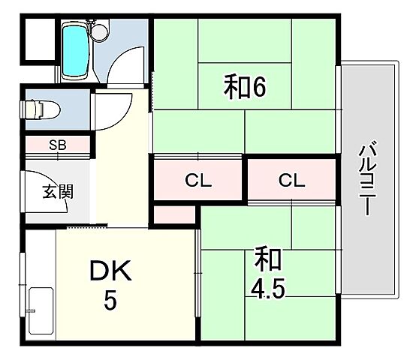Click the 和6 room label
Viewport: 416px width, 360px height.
pyautogui.click(x=245, y=88)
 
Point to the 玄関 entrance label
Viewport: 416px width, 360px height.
pyautogui.click(x=57, y=191)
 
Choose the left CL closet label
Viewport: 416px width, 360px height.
pyautogui.click(x=199, y=180)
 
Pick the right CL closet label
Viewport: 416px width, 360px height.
pyautogui.click(x=291, y=180)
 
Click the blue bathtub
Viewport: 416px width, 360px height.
pyautogui.click(x=74, y=49)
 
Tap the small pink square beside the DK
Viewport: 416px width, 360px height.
pyautogui.click(x=176, y=216)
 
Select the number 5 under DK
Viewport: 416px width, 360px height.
pyautogui.click(x=110, y=301)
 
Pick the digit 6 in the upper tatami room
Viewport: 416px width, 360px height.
pyautogui.click(x=258, y=88)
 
